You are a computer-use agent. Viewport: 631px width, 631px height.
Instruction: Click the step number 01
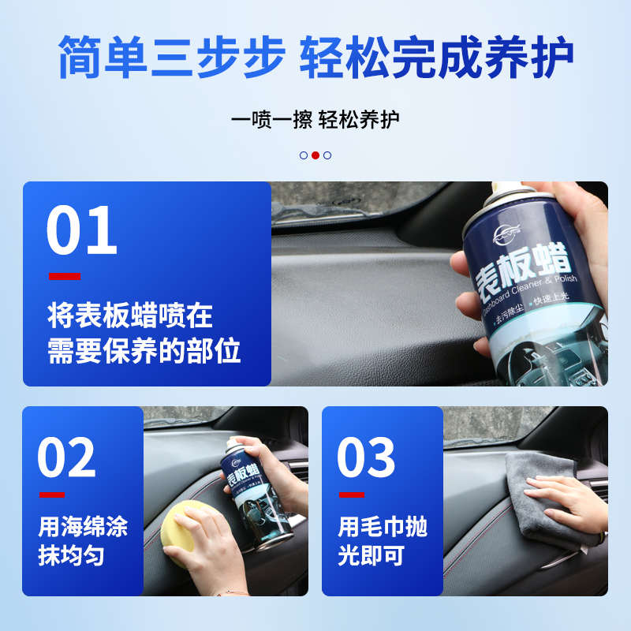[x=81, y=231]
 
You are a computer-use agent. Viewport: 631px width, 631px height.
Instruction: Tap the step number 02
[x=66, y=458]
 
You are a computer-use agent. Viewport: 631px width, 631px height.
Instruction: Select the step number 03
[x=366, y=458]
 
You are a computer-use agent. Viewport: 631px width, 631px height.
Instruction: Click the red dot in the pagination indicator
[x=315, y=155]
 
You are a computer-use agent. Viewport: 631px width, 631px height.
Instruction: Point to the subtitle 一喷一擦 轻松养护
[x=315, y=120]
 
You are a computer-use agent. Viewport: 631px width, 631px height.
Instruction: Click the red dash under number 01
[x=64, y=276]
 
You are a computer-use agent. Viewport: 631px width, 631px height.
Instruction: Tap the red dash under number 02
[x=51, y=495]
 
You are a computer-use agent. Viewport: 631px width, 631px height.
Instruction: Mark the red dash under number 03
[x=351, y=495]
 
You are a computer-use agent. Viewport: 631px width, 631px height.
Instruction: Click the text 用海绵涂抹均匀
[x=83, y=541]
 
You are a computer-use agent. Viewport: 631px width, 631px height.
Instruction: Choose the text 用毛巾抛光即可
[x=383, y=541]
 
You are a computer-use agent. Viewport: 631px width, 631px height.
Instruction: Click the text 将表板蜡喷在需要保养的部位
[x=144, y=334]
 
